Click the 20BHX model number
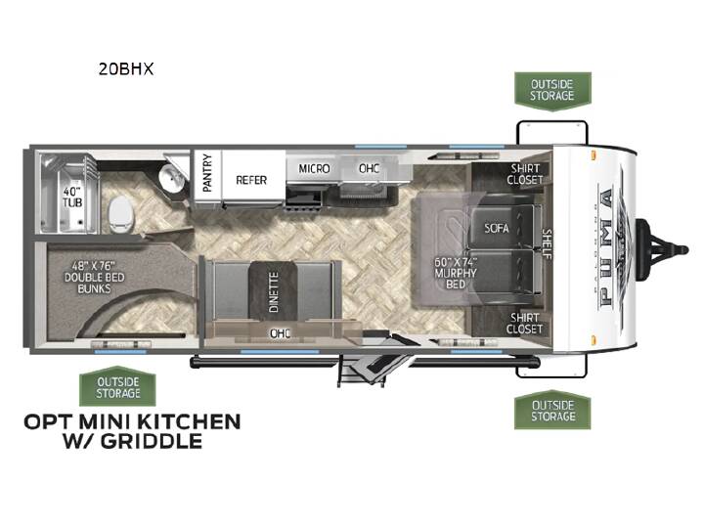pyautogui.click(x=126, y=68)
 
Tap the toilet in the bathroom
pyautogui.click(x=121, y=215)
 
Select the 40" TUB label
pyautogui.click(x=72, y=198)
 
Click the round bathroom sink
pyautogui.click(x=171, y=178)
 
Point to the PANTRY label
pyautogui.click(x=207, y=173)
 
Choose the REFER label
pyautogui.click(x=251, y=180)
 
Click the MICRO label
pyautogui.click(x=314, y=169)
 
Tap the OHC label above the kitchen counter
pyautogui.click(x=369, y=169)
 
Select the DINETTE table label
pyautogui.click(x=274, y=291)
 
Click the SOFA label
pyautogui.click(x=497, y=228)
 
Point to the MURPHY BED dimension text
pyautogui.click(x=456, y=273)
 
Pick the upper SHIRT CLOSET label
pyautogui.click(x=525, y=174)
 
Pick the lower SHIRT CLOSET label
pyautogui.click(x=524, y=324)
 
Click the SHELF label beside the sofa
pyautogui.click(x=547, y=243)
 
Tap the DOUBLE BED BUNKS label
pyautogui.click(x=94, y=278)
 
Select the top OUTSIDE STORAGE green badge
pyautogui.click(x=552, y=91)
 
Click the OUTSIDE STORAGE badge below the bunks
pyautogui.click(x=117, y=387)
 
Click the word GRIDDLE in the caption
pyautogui.click(x=152, y=441)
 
